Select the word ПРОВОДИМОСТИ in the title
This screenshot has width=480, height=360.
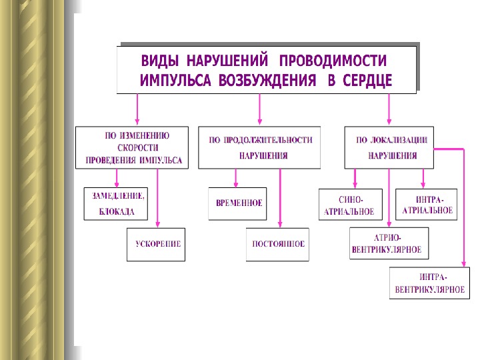(333, 61)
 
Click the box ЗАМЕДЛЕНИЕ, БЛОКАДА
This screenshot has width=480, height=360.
(117, 203)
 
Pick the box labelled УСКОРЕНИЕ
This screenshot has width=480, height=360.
(154, 244)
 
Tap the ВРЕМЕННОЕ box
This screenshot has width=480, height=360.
(235, 203)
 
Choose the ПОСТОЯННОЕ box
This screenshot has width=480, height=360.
(278, 244)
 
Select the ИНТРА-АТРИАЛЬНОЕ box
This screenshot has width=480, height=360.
(427, 205)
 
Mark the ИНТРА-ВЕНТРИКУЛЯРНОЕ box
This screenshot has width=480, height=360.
(429, 283)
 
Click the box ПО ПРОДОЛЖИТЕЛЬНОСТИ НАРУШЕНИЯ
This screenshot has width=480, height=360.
(259, 147)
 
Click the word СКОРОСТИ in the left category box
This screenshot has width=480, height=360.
(137, 148)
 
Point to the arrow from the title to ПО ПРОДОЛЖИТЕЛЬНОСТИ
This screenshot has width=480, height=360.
(260, 109)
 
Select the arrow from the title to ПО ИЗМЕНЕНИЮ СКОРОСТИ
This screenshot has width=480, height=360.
(137, 109)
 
